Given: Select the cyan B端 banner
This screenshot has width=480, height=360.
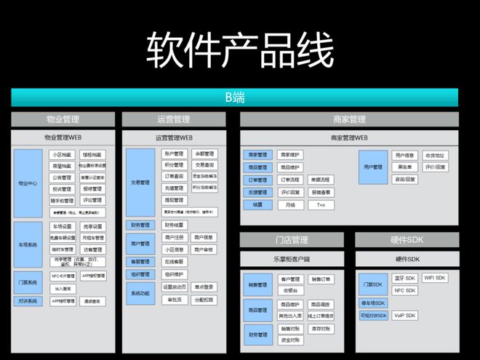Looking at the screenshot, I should (x=234, y=97).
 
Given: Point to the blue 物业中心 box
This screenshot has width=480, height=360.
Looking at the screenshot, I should (x=28, y=183).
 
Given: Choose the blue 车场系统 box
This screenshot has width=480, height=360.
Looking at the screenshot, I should (x=28, y=244).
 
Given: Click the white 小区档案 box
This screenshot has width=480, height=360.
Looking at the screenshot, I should (x=63, y=155).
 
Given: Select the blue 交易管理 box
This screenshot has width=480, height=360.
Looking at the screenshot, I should (x=140, y=183).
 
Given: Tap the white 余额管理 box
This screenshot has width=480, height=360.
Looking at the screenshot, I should (x=204, y=154).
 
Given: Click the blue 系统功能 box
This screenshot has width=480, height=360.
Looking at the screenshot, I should (x=140, y=292).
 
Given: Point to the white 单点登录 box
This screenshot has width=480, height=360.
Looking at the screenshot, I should (x=204, y=287).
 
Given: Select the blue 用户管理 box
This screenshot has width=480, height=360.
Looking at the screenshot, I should (x=373, y=167).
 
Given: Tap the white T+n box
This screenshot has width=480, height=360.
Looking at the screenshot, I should (x=321, y=205).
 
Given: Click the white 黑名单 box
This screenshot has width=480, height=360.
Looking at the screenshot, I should (x=404, y=167).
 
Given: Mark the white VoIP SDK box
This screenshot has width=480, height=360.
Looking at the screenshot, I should (x=405, y=315).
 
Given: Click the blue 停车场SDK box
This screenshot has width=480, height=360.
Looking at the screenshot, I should (x=373, y=303).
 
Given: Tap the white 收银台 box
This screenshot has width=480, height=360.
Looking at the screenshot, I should (x=290, y=290).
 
